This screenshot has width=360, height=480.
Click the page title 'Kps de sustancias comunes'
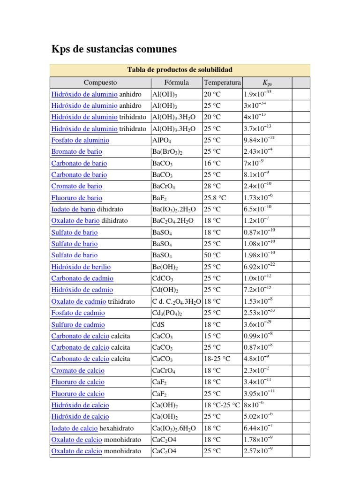click(113, 49)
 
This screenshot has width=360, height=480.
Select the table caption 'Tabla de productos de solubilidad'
click(180, 70)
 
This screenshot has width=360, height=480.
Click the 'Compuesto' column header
click(100, 82)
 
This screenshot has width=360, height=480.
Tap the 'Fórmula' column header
click(177, 82)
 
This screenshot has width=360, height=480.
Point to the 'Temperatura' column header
click(222, 82)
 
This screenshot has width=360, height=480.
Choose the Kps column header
click(267, 83)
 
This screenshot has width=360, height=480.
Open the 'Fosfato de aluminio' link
click(80, 140)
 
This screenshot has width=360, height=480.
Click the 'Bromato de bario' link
click(76, 152)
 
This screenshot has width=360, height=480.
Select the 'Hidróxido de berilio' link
click(81, 267)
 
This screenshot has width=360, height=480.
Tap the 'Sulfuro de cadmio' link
click(78, 325)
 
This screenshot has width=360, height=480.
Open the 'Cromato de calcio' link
click(78, 371)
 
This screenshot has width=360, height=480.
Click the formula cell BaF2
click(160, 198)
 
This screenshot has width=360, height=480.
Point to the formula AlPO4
click(162, 141)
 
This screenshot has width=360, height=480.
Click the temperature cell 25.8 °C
click(215, 198)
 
